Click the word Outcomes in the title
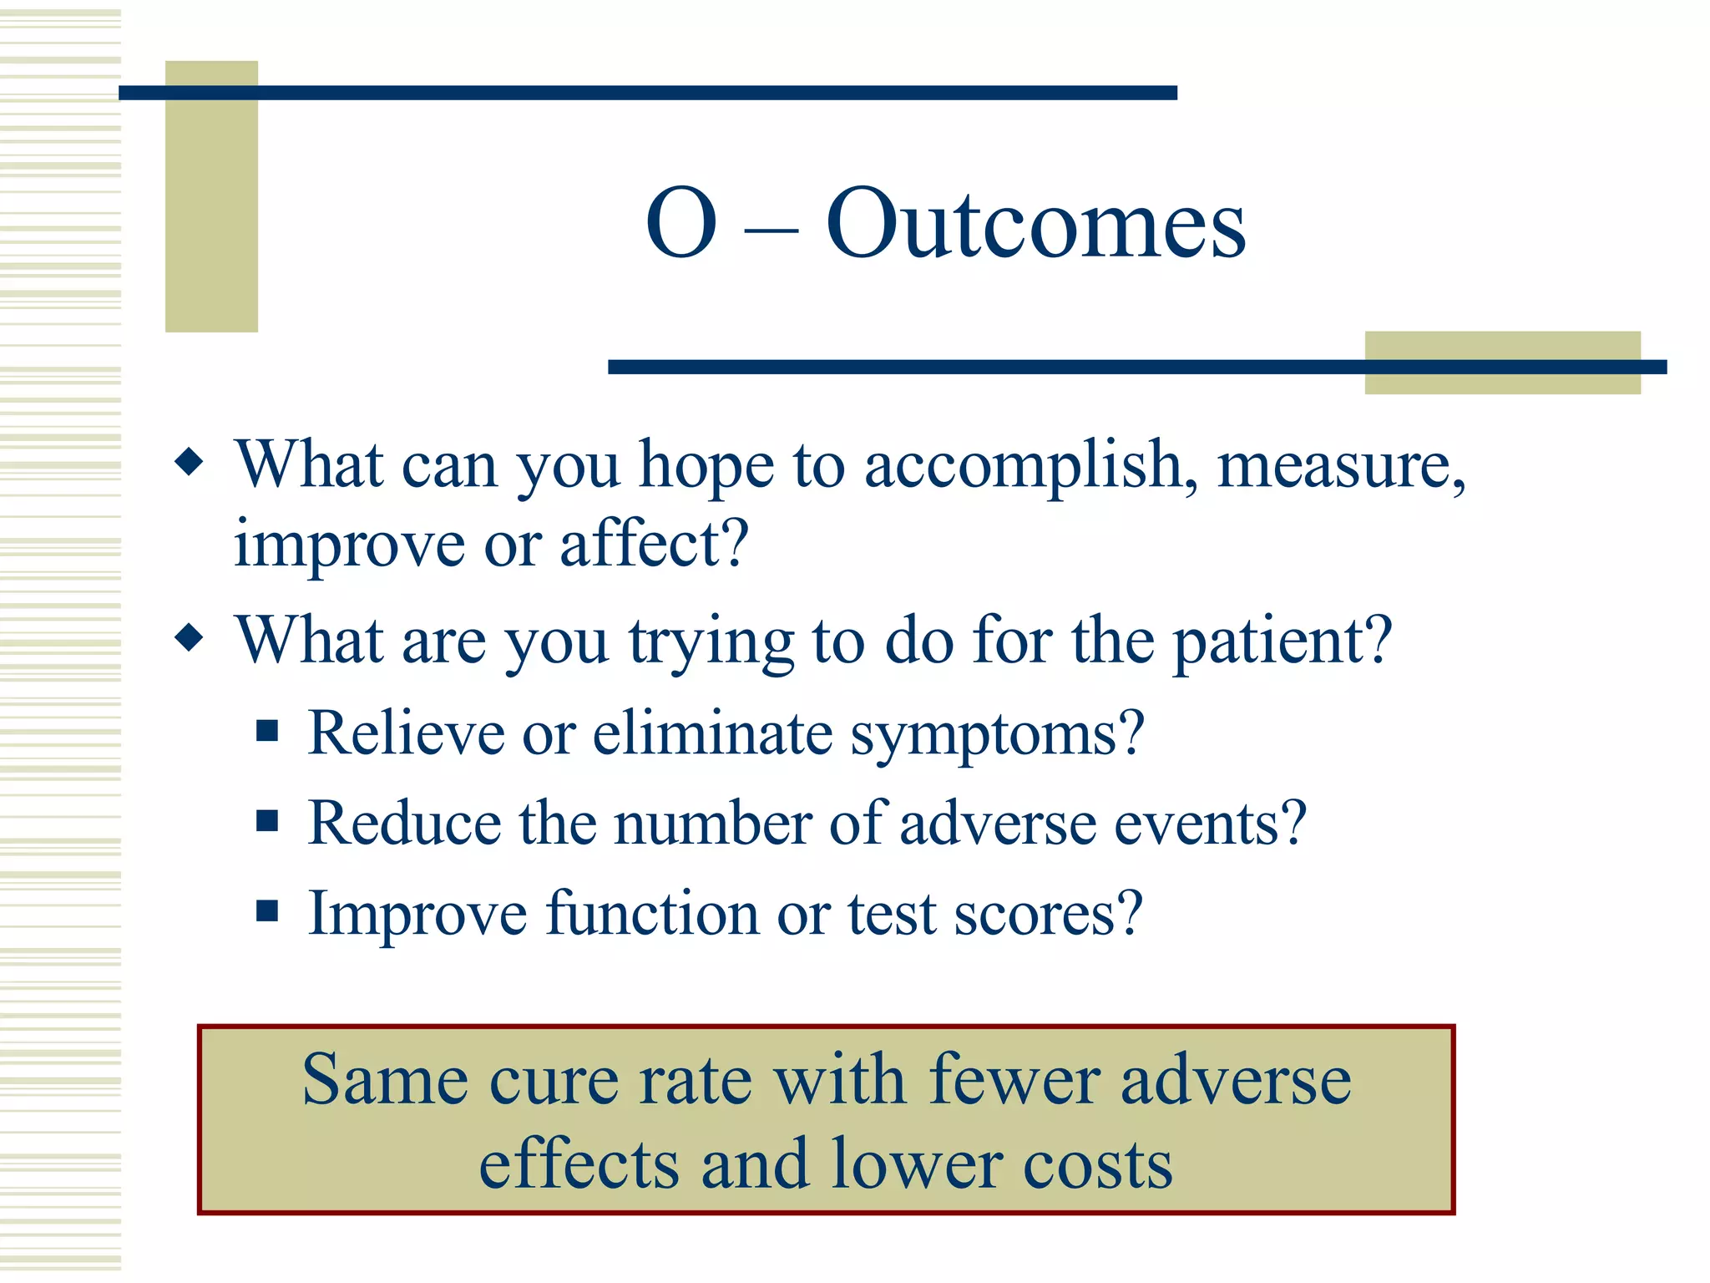1035,224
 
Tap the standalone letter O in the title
681,224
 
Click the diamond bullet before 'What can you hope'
190,461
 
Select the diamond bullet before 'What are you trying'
190,639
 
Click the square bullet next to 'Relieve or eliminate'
267,732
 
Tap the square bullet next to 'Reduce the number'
267,821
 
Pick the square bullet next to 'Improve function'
267,910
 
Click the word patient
1282,641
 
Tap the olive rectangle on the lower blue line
1502,363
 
